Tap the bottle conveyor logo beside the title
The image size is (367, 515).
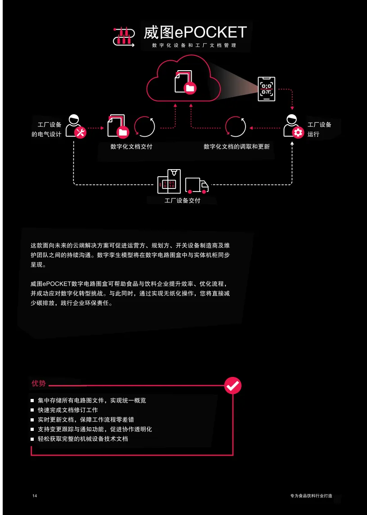pos(123,36)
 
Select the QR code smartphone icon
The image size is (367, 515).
pos(266,89)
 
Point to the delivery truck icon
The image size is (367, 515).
pos(197,185)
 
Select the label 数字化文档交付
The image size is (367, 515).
pos(131,147)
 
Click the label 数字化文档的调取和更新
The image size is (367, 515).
pos(237,147)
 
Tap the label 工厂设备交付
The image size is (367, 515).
pos(182,201)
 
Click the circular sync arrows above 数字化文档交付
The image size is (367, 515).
pos(145,126)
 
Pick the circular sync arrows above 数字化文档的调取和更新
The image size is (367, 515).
pos(235,126)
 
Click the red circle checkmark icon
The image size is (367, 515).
pos(233,385)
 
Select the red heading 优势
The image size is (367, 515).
pos(39,384)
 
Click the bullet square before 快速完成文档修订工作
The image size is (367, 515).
pos(32,410)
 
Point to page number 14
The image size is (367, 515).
pos(35,496)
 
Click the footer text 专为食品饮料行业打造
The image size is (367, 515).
pos(311,496)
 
